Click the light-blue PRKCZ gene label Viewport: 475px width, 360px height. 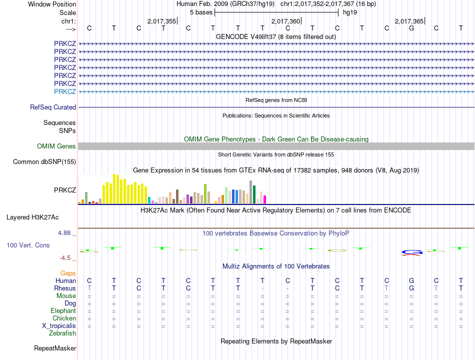pos(65,91)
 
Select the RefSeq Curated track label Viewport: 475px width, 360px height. pos(53,107)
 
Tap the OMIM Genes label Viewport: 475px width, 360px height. pos(56,146)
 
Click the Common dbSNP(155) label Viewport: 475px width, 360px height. pos(44,161)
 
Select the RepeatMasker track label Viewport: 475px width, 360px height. pos(55,348)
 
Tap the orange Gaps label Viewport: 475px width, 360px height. pos(68,273)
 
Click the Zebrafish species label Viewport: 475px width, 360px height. pos(62,333)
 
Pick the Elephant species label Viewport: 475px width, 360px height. pos(63,310)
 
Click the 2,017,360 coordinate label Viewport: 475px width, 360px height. pos(286,21)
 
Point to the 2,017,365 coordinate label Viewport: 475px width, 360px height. pos(409,21)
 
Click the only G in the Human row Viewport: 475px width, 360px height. pos(411,280)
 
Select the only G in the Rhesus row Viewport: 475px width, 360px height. pos(411,288)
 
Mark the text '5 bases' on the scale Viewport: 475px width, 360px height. pos(201,12)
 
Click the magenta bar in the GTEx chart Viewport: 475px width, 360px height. pos(264,199)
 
